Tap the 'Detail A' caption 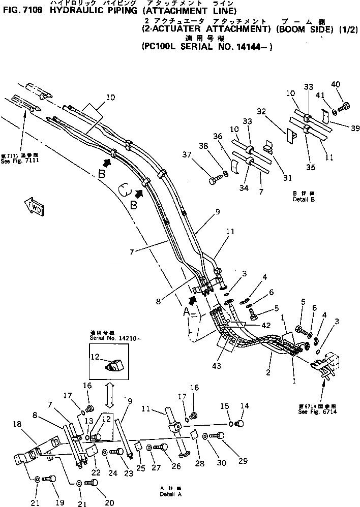click(x=169, y=492)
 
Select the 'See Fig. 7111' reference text click(x=20, y=159)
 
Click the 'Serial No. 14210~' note click(x=109, y=336)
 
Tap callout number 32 click(x=261, y=111)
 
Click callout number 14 click(x=245, y=406)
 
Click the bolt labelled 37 click(x=214, y=179)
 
